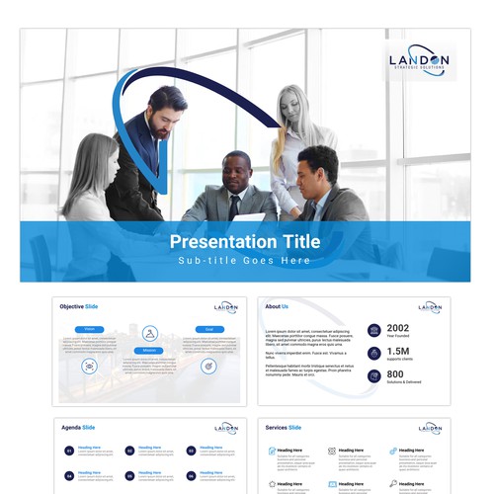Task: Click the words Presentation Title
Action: click(245, 240)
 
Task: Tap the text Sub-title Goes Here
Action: click(245, 261)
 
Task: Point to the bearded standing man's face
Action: click(165, 111)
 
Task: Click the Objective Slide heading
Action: click(78, 306)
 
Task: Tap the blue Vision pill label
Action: click(89, 328)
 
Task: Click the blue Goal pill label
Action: click(208, 328)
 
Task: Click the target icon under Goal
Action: click(208, 365)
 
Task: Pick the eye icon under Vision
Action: click(89, 366)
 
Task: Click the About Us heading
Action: click(277, 306)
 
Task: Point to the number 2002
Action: click(398, 328)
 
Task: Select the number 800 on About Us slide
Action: click(397, 373)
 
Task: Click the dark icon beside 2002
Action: click(373, 330)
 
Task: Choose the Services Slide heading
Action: click(283, 428)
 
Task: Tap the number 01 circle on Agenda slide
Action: click(68, 451)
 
